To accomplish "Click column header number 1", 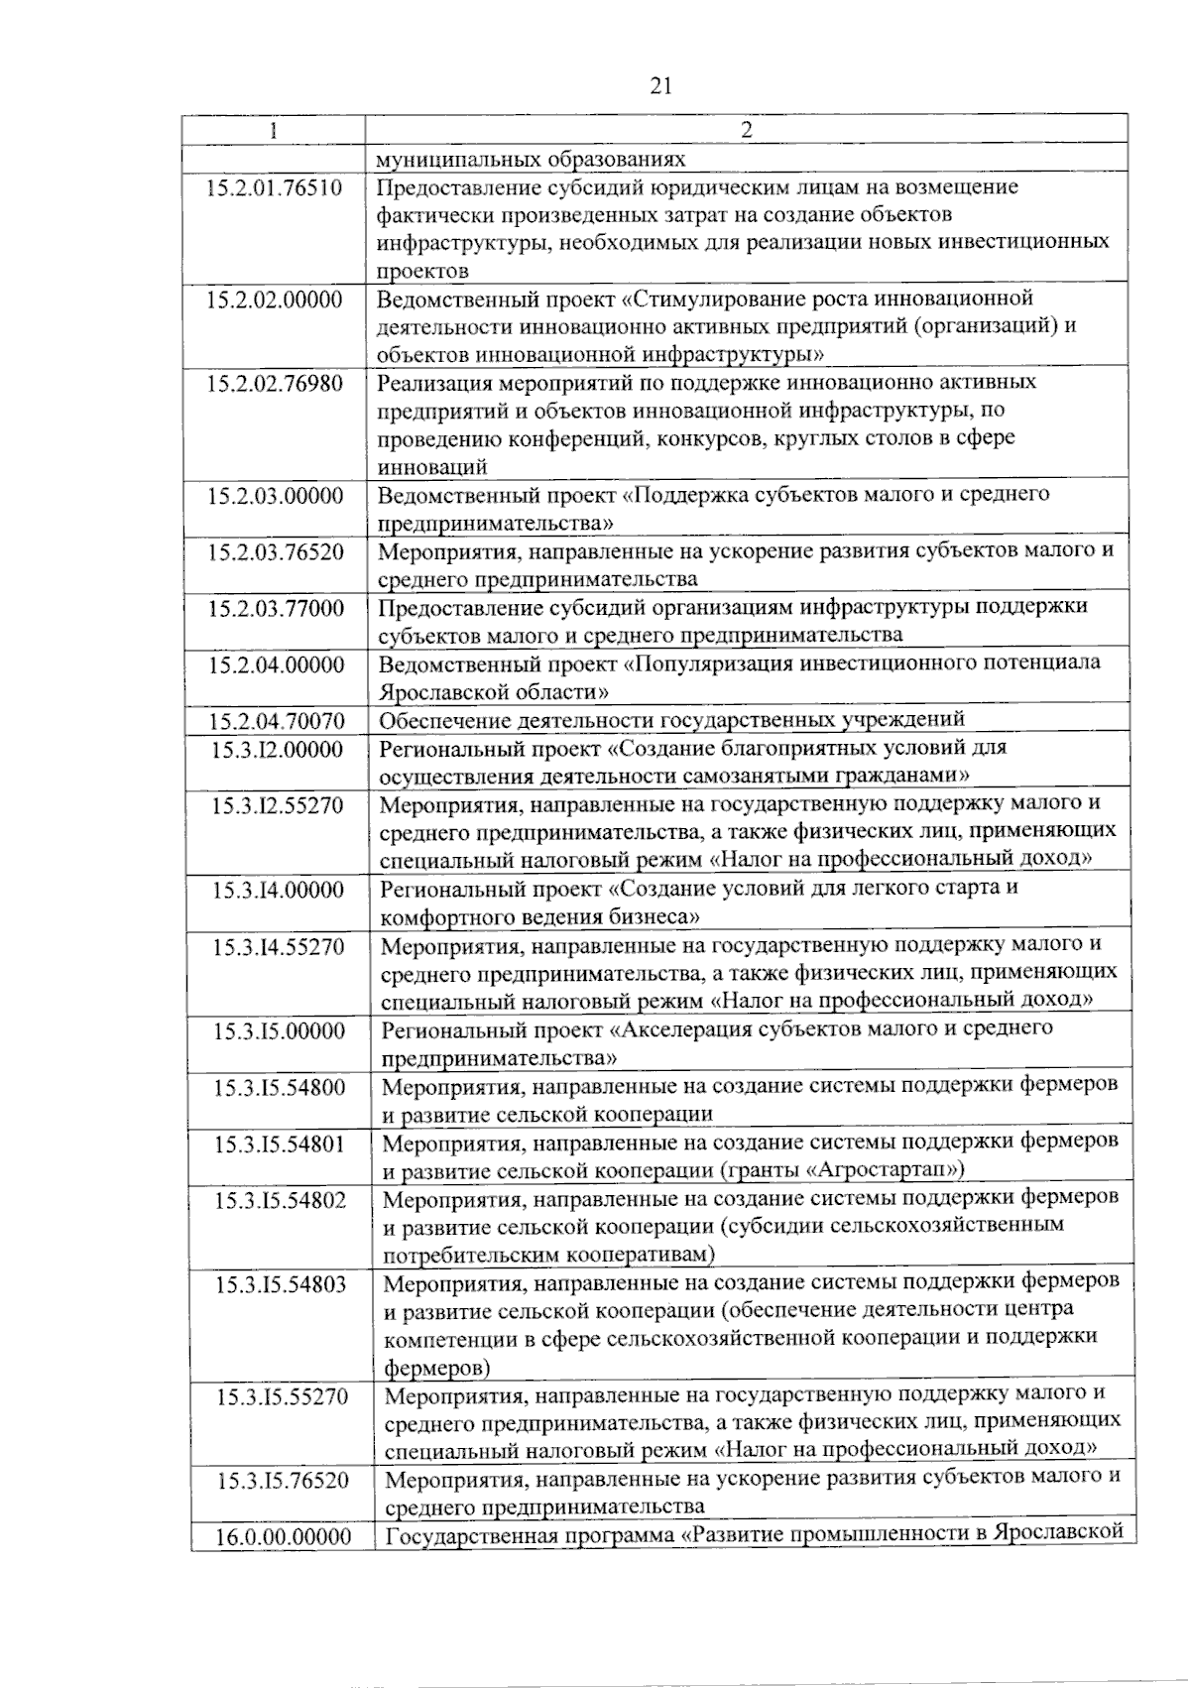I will pos(273,131).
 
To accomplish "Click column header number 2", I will pos(747,130).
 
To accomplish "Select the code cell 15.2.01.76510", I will pos(275,187).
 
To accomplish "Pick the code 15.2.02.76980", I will pos(275,383).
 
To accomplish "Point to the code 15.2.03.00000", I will pos(275,495).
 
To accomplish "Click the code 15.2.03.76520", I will pos(275,551).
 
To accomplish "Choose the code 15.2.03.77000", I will pos(275,608).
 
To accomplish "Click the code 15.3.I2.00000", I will pos(277,749).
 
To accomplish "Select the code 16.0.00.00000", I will pos(284,1537).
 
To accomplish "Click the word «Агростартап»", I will pos(886,1170).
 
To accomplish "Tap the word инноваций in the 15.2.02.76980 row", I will pos(431,466).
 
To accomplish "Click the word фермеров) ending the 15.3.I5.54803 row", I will pos(436,1368).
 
